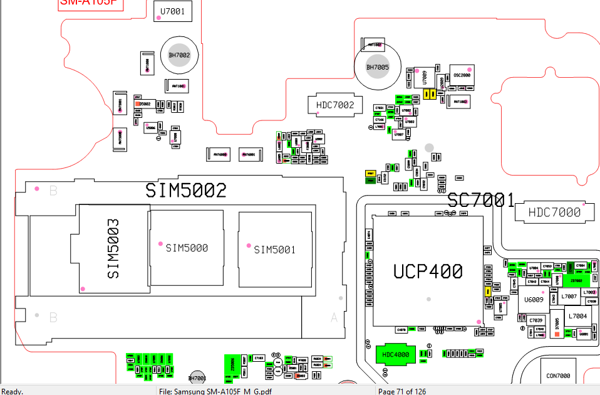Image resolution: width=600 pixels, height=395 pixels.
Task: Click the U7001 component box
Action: click(x=172, y=11)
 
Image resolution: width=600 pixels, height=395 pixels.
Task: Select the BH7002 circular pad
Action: click(x=179, y=56)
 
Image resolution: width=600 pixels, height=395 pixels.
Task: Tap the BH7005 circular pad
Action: click(x=377, y=67)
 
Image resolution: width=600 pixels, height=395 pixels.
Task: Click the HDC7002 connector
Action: click(x=335, y=105)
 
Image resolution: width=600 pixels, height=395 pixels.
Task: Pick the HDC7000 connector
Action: click(x=554, y=213)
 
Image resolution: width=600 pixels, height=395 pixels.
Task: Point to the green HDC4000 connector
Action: click(x=396, y=354)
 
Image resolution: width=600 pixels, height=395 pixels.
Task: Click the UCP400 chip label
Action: click(x=428, y=271)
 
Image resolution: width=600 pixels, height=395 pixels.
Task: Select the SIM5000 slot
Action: click(x=186, y=248)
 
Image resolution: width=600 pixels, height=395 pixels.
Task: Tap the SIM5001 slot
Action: click(x=274, y=250)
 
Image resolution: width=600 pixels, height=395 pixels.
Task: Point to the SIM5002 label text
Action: click(x=185, y=191)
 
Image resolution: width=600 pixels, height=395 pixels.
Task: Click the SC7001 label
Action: click(x=480, y=201)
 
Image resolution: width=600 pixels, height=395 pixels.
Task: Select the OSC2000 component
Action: click(x=462, y=75)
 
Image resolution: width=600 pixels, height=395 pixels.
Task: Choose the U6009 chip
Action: click(x=533, y=300)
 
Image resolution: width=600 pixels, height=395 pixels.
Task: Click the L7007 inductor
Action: click(x=569, y=296)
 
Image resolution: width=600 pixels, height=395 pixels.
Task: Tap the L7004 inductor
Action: click(x=578, y=316)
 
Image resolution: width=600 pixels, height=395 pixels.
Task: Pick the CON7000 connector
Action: click(x=558, y=376)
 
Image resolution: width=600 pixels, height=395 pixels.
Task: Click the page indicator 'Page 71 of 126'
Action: click(x=402, y=391)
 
